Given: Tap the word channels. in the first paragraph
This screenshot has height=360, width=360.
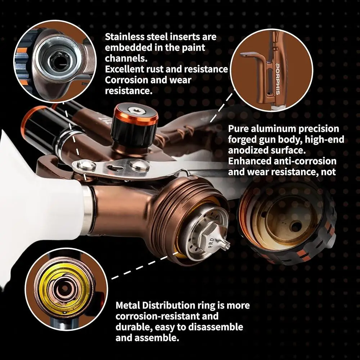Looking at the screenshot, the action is tap(126, 58).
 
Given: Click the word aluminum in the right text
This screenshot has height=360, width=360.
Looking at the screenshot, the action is tap(273, 129).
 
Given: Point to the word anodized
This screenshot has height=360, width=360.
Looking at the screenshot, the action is tap(248, 150).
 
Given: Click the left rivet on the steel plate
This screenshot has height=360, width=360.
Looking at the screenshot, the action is tap(86, 165).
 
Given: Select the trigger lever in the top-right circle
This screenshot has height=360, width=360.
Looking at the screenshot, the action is tap(255, 57).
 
